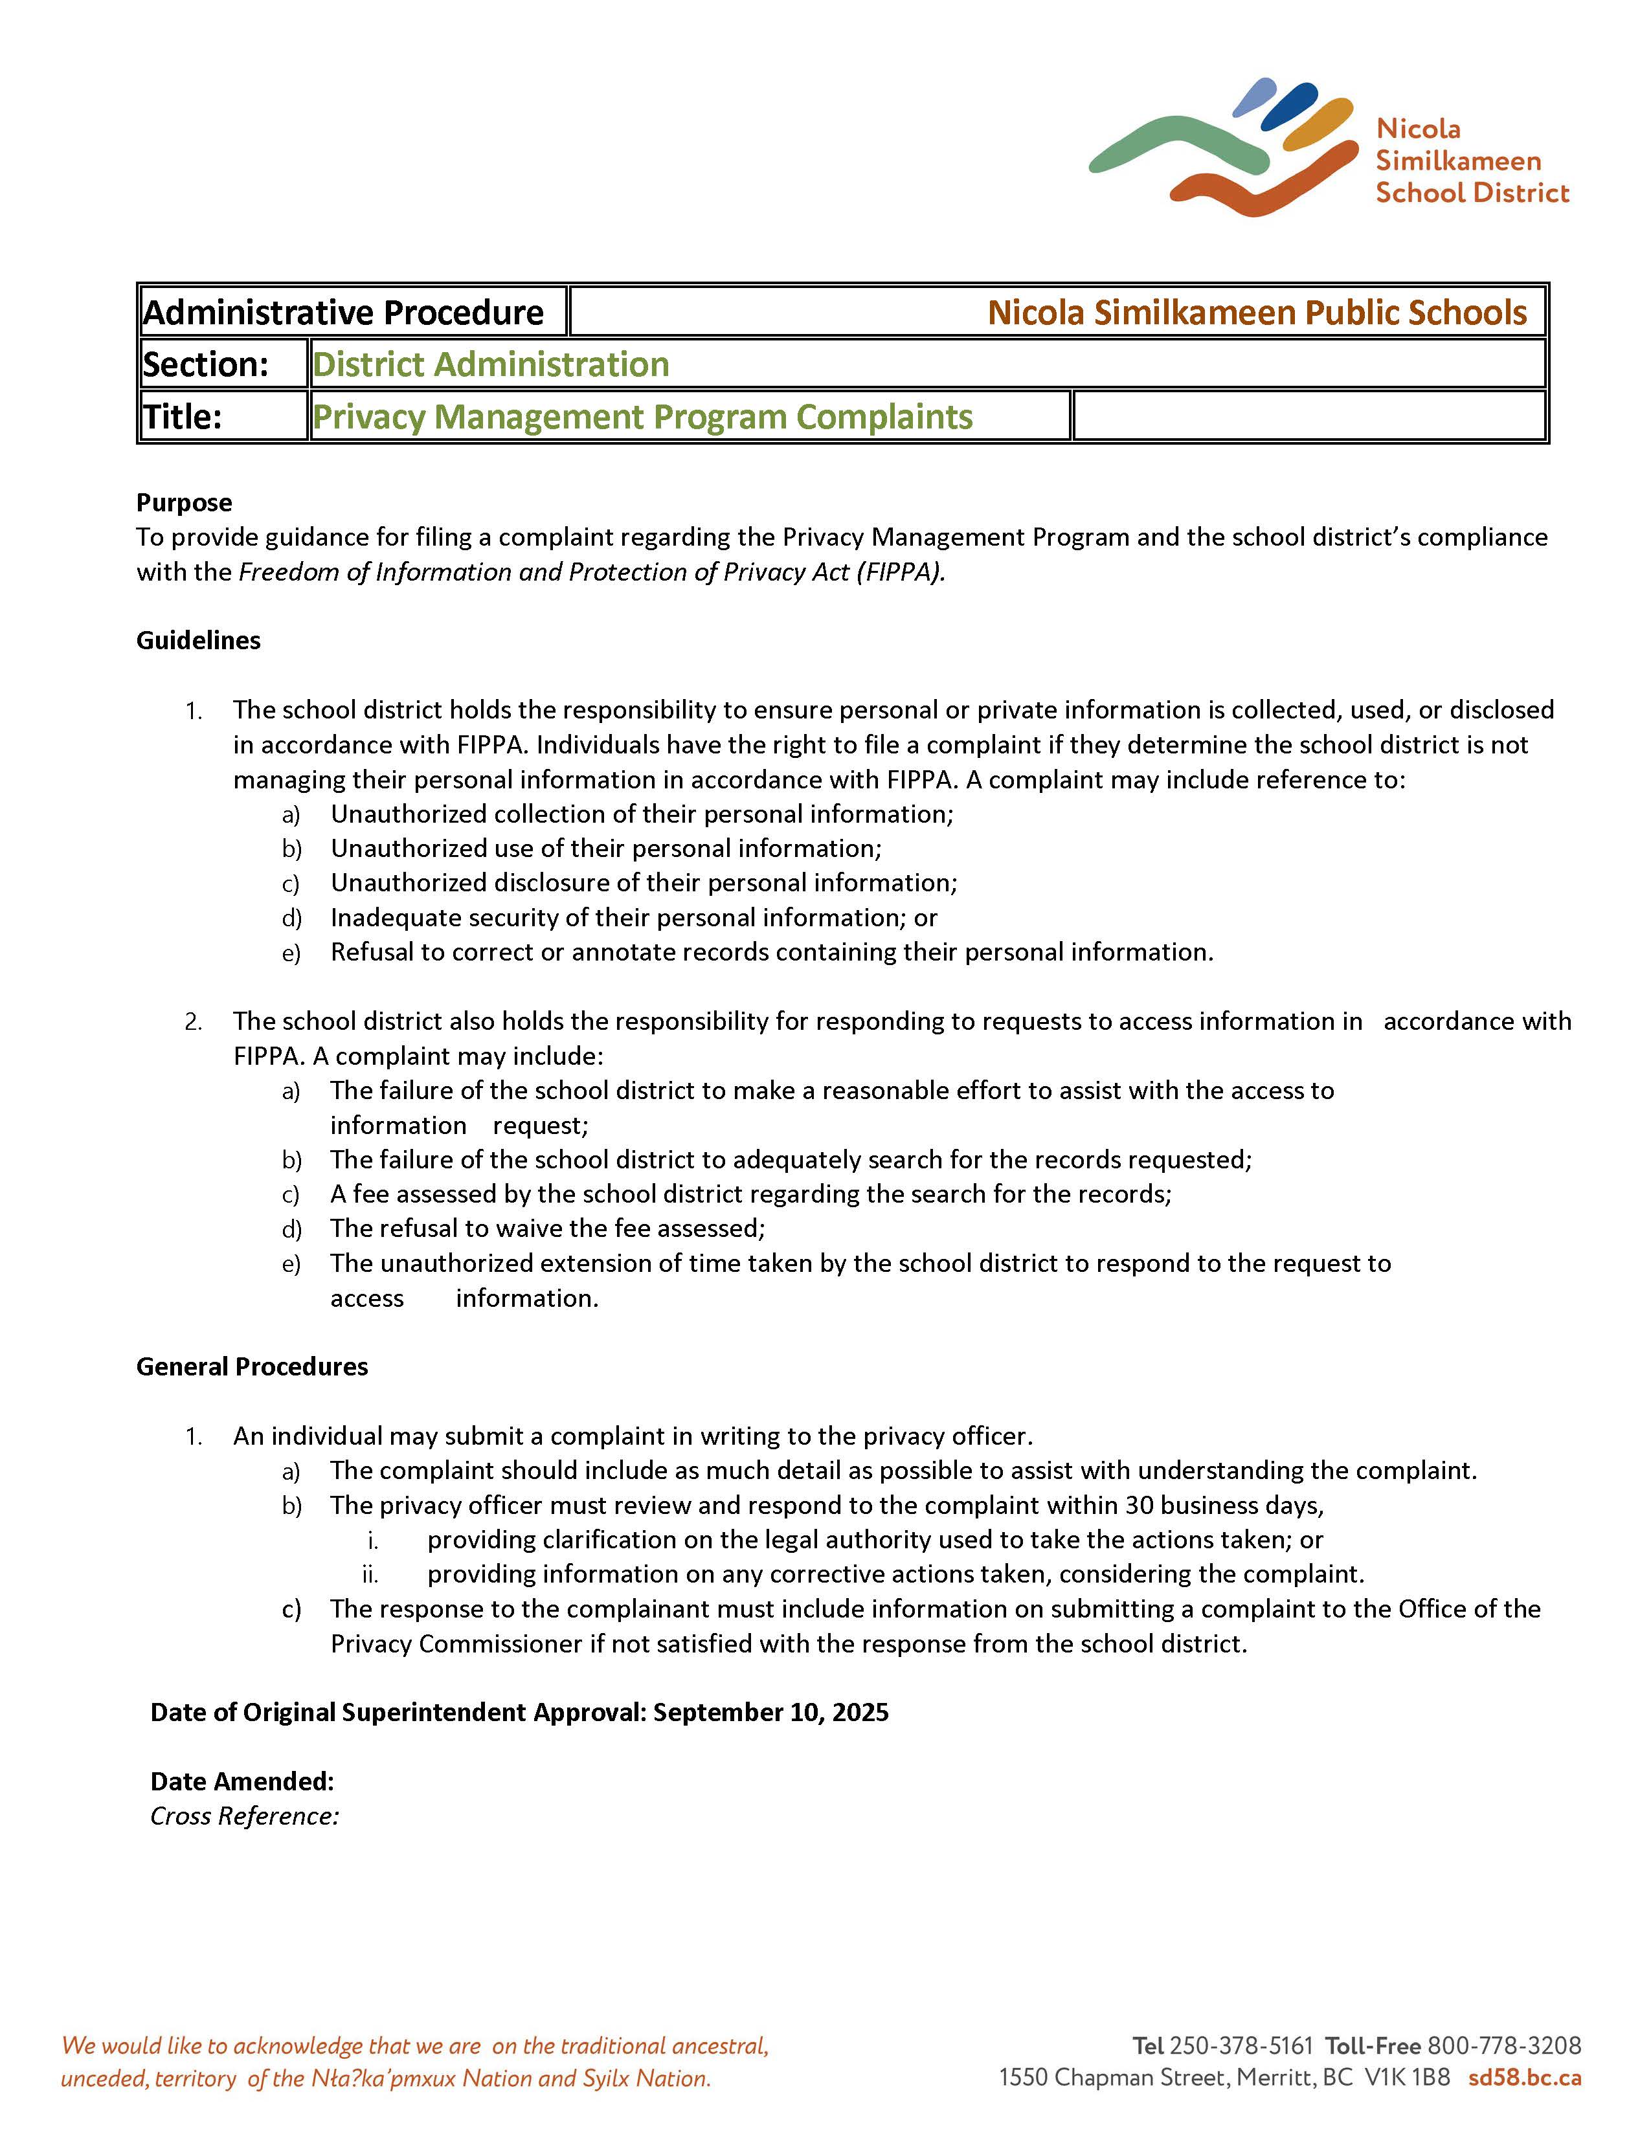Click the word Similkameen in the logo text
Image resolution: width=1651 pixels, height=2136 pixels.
tap(1457, 161)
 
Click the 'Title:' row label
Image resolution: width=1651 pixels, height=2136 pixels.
tap(184, 417)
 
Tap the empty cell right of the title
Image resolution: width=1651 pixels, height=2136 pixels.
tap(1308, 417)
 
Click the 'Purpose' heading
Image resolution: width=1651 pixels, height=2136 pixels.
tap(184, 503)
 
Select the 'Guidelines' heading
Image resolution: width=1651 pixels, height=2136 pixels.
tap(199, 641)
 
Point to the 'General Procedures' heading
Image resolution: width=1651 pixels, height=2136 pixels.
tap(253, 1366)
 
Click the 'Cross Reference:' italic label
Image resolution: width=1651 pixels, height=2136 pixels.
tap(245, 1816)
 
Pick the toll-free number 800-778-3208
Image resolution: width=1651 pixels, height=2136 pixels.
tap(1504, 2046)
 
